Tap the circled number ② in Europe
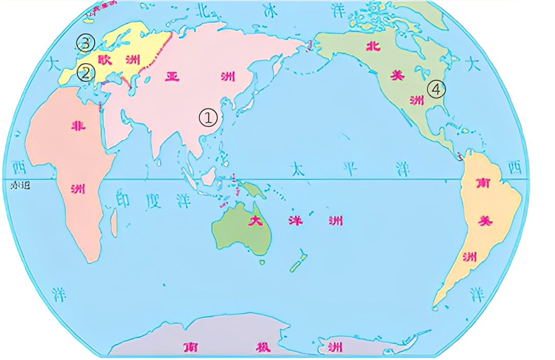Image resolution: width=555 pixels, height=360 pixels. coord(85,73)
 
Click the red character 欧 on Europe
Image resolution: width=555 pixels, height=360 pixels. coord(105,60)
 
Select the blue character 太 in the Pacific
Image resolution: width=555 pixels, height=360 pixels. coord(298,169)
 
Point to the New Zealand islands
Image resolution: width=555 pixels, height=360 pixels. coord(298,262)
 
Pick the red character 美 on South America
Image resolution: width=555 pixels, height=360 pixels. coord(483,220)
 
